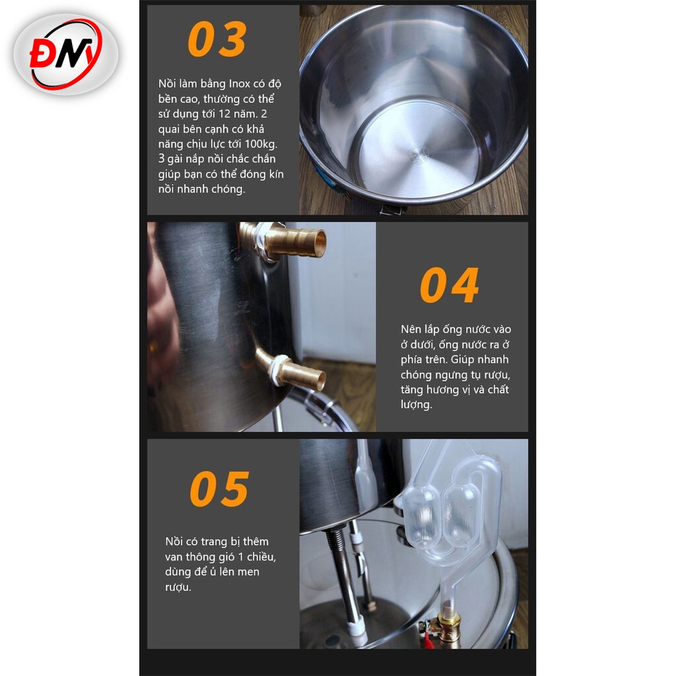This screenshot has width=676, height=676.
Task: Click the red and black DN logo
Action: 66,54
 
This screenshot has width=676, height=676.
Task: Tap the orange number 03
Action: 217,39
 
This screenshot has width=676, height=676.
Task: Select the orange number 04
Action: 449,285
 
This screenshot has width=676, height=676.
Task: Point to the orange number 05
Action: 219,489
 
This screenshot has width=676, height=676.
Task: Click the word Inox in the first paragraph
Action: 239,84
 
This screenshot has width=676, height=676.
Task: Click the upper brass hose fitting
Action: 285,241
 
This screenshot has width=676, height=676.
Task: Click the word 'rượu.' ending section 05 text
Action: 178,587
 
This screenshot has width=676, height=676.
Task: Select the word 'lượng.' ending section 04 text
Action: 416,405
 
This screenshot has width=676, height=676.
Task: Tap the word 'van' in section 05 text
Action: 174,557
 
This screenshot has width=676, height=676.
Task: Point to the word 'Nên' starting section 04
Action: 411,329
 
